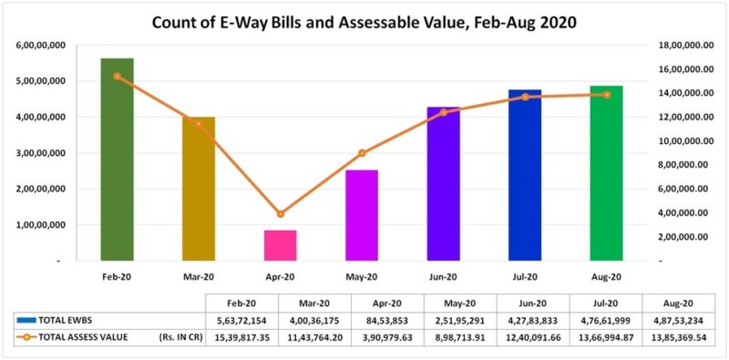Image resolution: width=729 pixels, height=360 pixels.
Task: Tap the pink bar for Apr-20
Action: [281, 245]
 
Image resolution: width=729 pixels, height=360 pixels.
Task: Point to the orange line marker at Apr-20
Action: [281, 214]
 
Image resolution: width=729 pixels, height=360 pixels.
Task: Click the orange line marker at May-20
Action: [362, 153]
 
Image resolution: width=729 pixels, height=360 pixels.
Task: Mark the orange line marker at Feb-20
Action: [117, 77]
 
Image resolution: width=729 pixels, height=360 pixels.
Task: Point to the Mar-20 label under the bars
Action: [199, 276]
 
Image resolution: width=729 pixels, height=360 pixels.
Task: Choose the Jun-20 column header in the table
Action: [532, 302]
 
